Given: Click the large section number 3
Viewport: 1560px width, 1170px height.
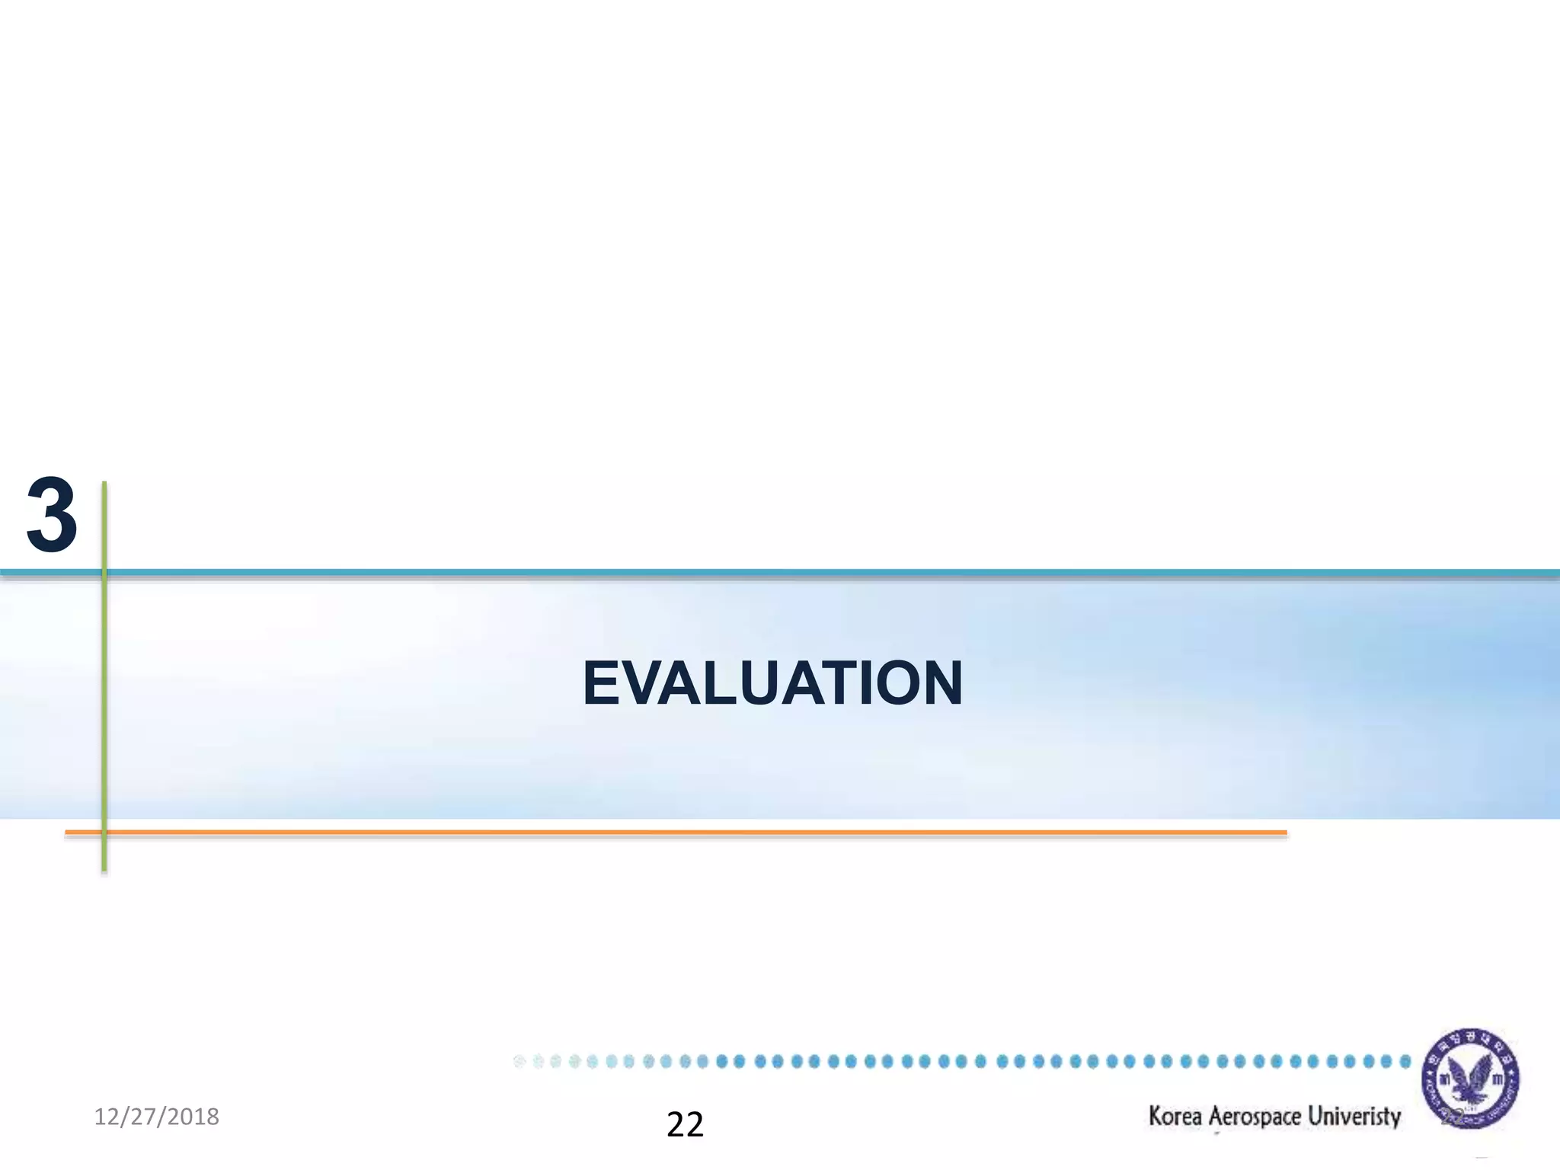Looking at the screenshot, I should pos(52,515).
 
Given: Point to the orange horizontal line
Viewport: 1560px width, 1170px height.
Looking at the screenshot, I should pos(686,833).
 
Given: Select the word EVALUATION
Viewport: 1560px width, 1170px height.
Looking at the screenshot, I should pos(772,683).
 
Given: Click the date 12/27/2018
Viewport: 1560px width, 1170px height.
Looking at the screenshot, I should pos(156,1117).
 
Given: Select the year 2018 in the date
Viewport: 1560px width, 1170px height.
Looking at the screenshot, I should pos(193,1117).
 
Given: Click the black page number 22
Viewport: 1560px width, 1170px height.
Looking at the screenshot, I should pos(685,1125).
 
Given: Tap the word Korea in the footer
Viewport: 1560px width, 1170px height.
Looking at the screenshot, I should pos(1175,1117).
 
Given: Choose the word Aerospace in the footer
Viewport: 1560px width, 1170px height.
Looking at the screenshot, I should pos(1255,1117).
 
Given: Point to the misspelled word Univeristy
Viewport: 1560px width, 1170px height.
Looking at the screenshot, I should pos(1354,1117).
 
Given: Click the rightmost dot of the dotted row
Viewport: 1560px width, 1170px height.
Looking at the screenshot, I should pos(1405,1061).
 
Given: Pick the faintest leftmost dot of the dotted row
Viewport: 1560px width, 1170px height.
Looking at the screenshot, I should pos(519,1061).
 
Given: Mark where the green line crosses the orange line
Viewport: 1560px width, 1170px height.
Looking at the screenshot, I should pos(104,833).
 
